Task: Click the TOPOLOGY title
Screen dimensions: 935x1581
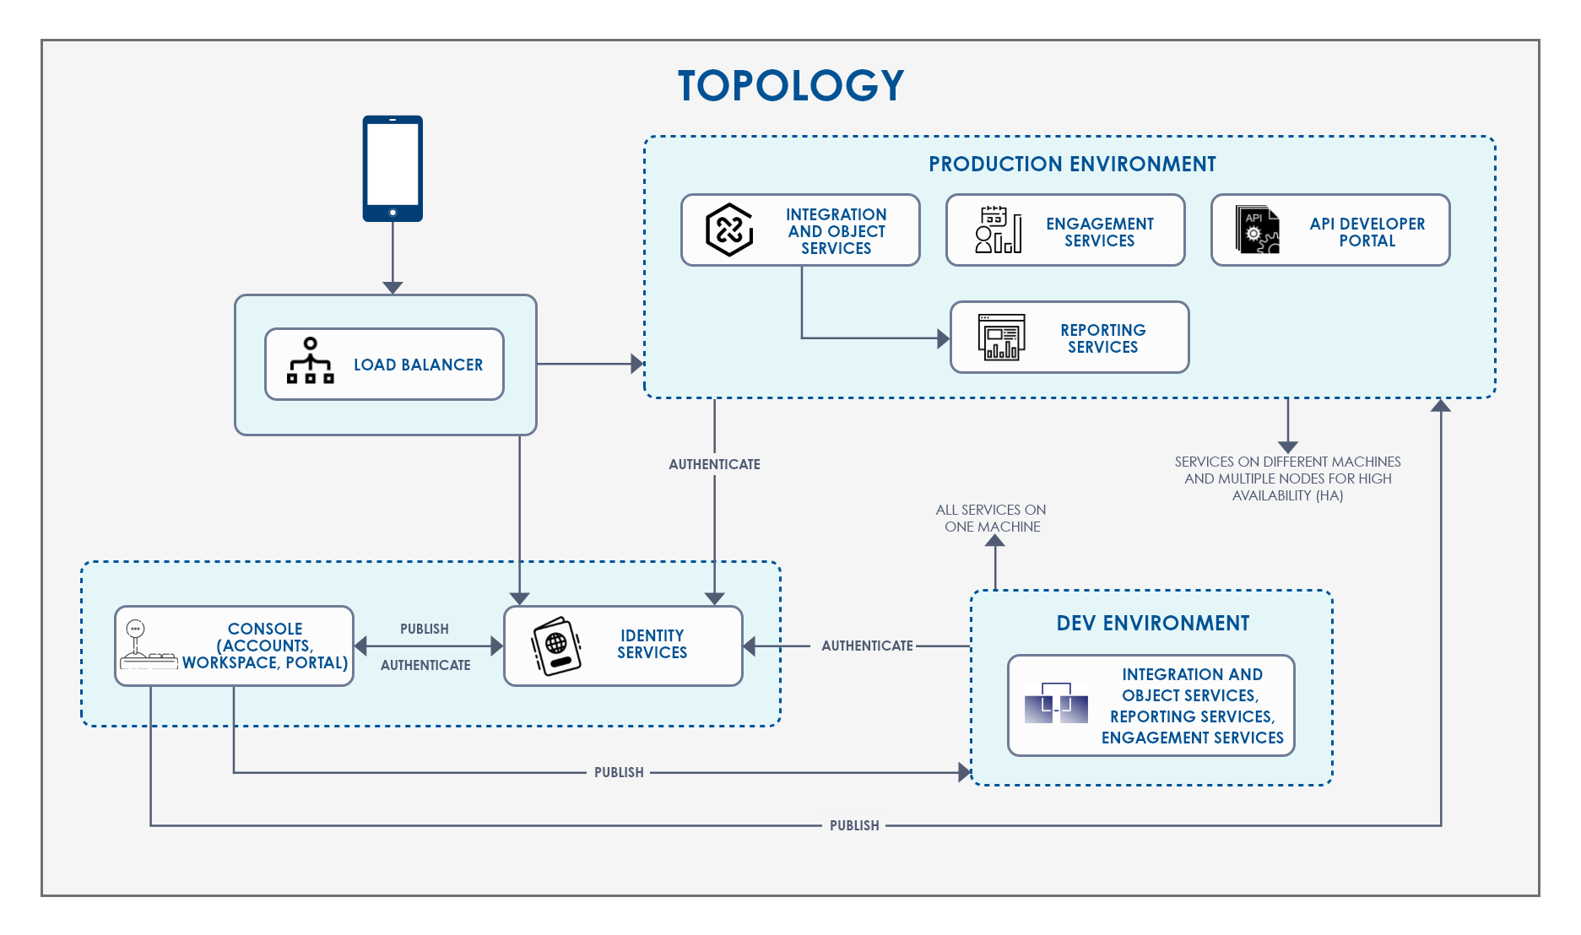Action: pos(790,86)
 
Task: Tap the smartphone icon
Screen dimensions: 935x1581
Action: pos(393,169)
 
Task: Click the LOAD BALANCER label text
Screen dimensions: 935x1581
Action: pos(418,365)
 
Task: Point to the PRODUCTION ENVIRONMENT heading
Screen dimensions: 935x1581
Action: pos(1071,164)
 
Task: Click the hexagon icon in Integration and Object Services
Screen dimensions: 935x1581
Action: pos(728,230)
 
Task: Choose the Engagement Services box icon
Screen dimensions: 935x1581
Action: pos(998,230)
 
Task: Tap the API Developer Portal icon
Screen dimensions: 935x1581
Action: pos(1257,230)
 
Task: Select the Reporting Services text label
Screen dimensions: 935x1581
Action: pos(1102,338)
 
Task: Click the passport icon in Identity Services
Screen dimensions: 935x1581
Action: pos(556,646)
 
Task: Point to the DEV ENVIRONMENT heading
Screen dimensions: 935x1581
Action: pos(1152,623)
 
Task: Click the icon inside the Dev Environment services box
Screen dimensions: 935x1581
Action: pos(1056,704)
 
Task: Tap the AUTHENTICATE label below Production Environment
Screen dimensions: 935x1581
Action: pos(714,464)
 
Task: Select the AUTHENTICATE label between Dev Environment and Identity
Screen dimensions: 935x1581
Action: pos(867,646)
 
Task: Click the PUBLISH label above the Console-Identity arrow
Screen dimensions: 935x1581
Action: pos(424,629)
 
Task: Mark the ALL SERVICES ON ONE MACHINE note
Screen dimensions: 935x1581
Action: pos(991,518)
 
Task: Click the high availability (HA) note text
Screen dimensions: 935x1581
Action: pos(1287,478)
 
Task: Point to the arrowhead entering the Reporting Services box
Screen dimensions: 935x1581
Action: pos(944,338)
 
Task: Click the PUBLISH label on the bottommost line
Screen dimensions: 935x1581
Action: pos(854,825)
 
